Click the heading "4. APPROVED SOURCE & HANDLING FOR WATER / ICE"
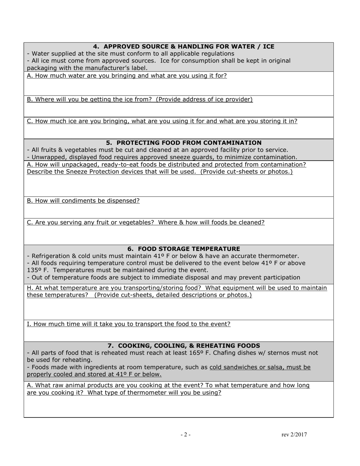(183, 47)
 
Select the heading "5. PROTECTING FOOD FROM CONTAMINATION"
(183, 143)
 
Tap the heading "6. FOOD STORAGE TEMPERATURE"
(183, 249)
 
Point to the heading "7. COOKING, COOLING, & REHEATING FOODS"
(183, 346)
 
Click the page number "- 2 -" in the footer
(185, 435)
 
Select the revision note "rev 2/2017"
(294, 435)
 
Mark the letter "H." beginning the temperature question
(30, 288)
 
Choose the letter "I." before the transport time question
(29, 324)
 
